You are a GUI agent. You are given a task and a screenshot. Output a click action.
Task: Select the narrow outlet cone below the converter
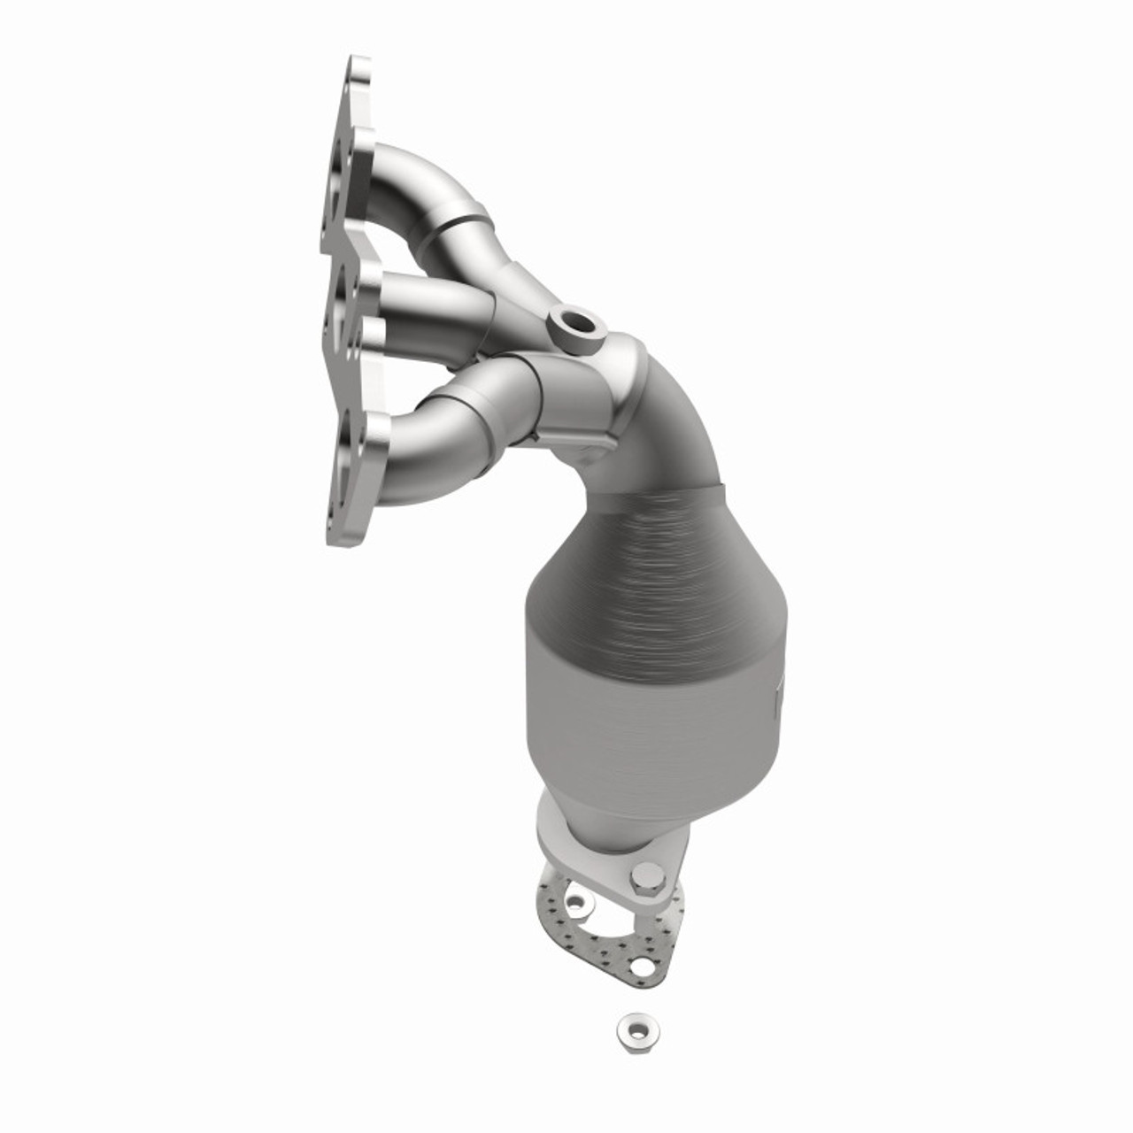click(x=611, y=797)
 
